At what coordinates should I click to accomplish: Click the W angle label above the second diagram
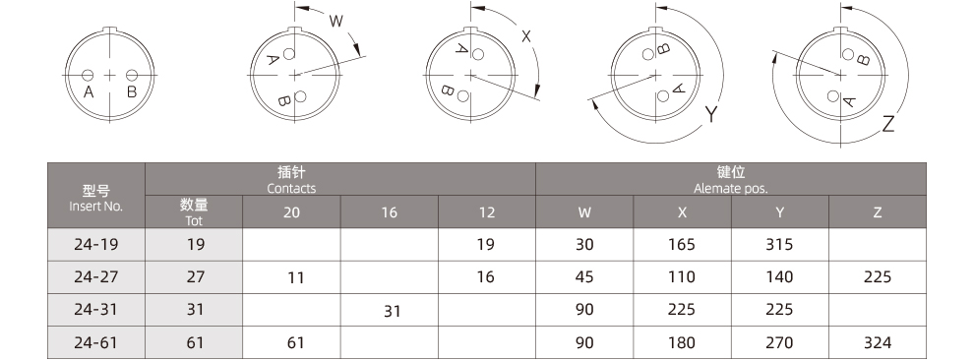335,22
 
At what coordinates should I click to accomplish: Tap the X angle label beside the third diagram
526,36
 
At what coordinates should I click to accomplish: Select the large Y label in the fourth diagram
711,114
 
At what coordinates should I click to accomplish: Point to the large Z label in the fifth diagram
888,124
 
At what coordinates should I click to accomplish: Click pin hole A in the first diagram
88,75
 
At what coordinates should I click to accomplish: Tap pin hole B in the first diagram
132,75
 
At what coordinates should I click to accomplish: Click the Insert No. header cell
96,196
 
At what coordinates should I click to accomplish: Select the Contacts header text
291,188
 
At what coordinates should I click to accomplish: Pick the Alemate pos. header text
730,188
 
